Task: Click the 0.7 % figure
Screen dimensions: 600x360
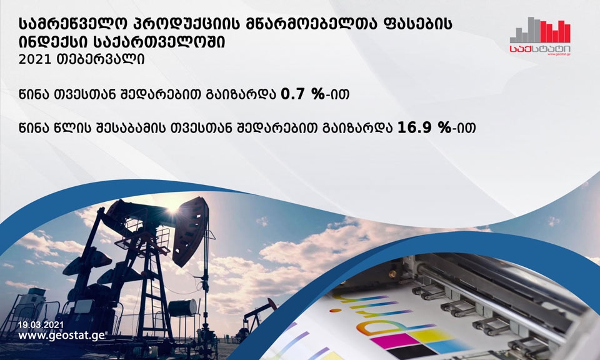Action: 303,94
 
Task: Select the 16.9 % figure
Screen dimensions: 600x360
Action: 424,127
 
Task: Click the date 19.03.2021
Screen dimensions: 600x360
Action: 41,325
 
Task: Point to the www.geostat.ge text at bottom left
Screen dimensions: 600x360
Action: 61,336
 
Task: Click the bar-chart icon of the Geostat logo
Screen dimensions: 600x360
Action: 540,30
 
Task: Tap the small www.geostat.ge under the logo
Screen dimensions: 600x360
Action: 559,54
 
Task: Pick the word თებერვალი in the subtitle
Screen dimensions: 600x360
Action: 100,59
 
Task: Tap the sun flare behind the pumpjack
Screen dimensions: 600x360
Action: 172,209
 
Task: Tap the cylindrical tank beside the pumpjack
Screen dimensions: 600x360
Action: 182,307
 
